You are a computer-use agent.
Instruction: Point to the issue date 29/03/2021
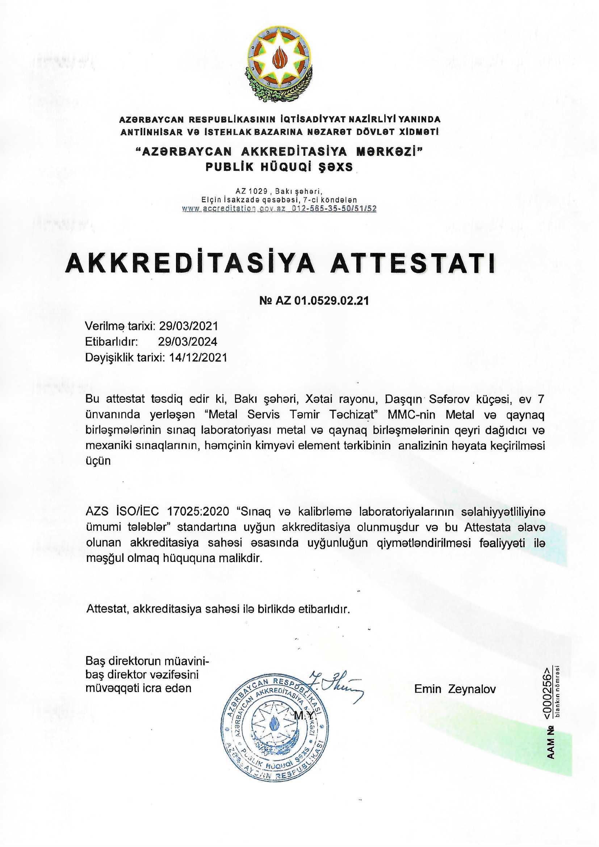click(x=188, y=326)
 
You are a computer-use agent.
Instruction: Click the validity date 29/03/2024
click(x=188, y=342)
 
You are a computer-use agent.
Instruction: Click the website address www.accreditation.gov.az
click(x=235, y=208)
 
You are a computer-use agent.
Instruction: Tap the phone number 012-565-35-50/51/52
click(x=334, y=208)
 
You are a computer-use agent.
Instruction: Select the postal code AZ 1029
click(x=252, y=191)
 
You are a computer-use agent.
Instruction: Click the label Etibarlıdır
click(x=112, y=342)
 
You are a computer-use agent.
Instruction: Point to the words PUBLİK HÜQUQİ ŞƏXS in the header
click(x=279, y=167)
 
